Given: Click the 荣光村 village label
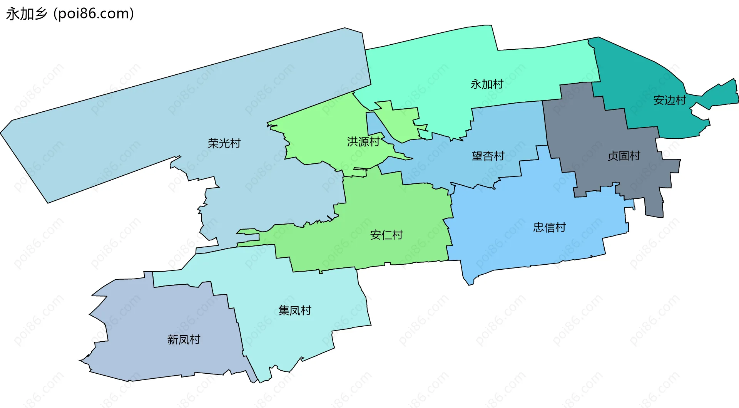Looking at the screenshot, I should [224, 143].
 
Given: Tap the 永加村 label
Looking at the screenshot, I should [487, 84].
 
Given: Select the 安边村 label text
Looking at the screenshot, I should [670, 100].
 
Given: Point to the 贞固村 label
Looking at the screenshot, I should [624, 156].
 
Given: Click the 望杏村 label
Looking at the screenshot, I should [488, 156].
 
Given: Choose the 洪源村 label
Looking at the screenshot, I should [363, 142].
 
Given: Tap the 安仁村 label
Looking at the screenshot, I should [386, 235].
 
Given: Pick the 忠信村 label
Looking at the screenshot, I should [549, 227].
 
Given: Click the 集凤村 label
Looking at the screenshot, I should [294, 310].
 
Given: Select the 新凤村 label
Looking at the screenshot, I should [184, 339].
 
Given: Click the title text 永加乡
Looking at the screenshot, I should [26, 14].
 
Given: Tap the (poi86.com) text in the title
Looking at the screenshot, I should [94, 14].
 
